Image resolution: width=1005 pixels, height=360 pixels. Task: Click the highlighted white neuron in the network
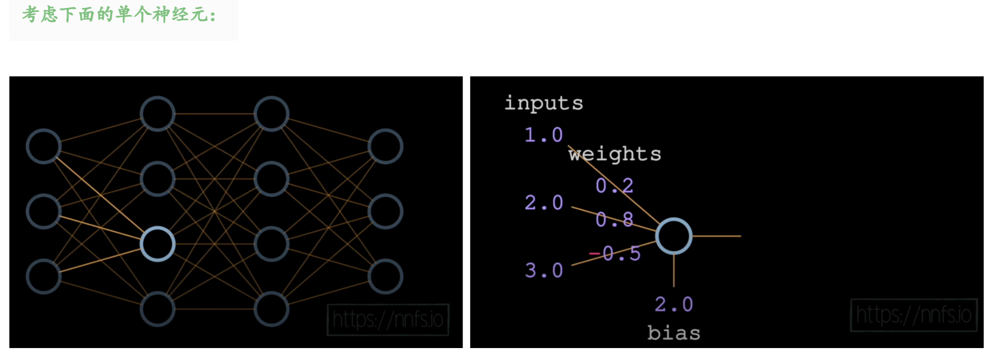click(x=157, y=244)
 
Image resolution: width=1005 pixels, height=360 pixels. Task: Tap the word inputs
click(x=544, y=103)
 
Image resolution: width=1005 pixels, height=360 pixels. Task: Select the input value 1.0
click(x=544, y=135)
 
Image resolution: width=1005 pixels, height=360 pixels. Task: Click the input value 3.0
click(x=544, y=270)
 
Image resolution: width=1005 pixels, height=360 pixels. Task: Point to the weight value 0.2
click(x=614, y=185)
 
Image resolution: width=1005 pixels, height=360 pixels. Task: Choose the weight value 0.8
click(x=614, y=220)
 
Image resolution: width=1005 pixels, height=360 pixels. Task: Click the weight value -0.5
click(x=615, y=254)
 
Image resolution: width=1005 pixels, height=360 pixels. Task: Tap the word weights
click(x=615, y=154)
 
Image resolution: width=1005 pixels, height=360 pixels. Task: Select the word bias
click(x=673, y=333)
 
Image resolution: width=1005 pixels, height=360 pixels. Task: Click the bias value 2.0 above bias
click(x=673, y=304)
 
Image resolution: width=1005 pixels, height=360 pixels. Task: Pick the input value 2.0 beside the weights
click(x=544, y=203)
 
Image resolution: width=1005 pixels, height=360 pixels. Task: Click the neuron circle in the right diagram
click(x=673, y=236)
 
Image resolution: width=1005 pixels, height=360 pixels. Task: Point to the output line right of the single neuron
click(x=717, y=236)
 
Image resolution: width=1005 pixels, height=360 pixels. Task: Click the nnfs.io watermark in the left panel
click(x=388, y=319)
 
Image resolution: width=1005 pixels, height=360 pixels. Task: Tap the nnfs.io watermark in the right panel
click(x=914, y=315)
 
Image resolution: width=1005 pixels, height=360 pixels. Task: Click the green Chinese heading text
click(x=119, y=15)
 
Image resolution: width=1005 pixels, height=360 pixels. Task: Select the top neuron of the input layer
click(x=44, y=146)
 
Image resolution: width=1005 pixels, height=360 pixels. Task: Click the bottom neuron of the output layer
click(x=385, y=276)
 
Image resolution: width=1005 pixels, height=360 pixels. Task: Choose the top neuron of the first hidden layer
click(x=157, y=114)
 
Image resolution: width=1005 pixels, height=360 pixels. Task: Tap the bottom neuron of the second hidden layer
click(x=271, y=309)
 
